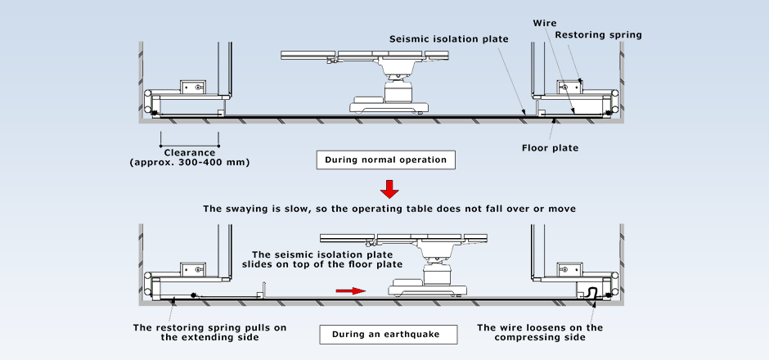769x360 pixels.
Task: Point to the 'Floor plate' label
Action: (x=550, y=148)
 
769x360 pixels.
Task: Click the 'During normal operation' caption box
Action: (x=385, y=160)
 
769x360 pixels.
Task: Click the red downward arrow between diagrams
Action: (x=390, y=189)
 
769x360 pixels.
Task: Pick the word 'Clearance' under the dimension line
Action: (x=189, y=152)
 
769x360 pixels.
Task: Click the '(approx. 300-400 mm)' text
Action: (x=189, y=162)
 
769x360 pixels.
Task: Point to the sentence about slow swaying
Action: (x=389, y=209)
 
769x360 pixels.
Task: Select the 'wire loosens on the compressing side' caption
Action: (x=540, y=332)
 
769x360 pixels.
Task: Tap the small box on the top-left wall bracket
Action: (x=195, y=87)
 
